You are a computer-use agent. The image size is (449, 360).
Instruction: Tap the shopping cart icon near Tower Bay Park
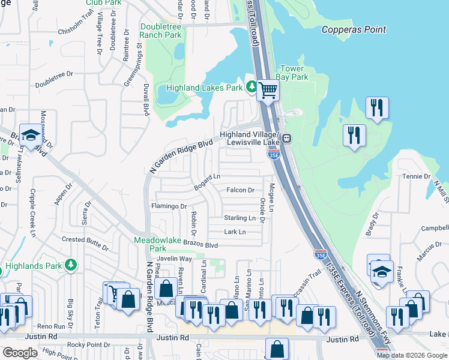point(268,91)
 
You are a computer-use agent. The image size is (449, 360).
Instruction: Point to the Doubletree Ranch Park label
point(160,31)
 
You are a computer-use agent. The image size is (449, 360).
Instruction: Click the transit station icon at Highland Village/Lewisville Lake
point(288,138)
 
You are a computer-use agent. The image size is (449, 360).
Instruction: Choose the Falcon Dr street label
point(240,190)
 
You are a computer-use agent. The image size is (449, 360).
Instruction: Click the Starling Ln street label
point(240,218)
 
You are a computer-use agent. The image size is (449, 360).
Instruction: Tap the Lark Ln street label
point(235,232)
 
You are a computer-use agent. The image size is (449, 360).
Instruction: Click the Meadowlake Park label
point(150,245)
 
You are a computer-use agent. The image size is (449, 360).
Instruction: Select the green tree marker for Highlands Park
point(71,265)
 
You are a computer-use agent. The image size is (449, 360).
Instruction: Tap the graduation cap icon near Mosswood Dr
point(29,136)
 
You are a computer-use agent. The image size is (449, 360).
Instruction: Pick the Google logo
point(20,353)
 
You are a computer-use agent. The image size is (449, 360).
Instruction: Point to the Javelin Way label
point(174,259)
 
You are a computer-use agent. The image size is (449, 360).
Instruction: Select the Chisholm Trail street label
point(76,29)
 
